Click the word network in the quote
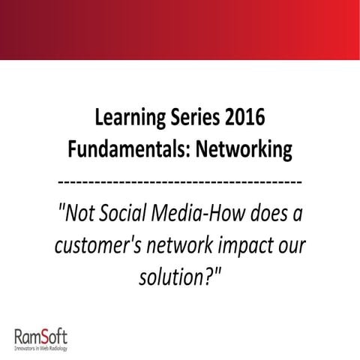click(182, 247)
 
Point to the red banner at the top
click(180, 30)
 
